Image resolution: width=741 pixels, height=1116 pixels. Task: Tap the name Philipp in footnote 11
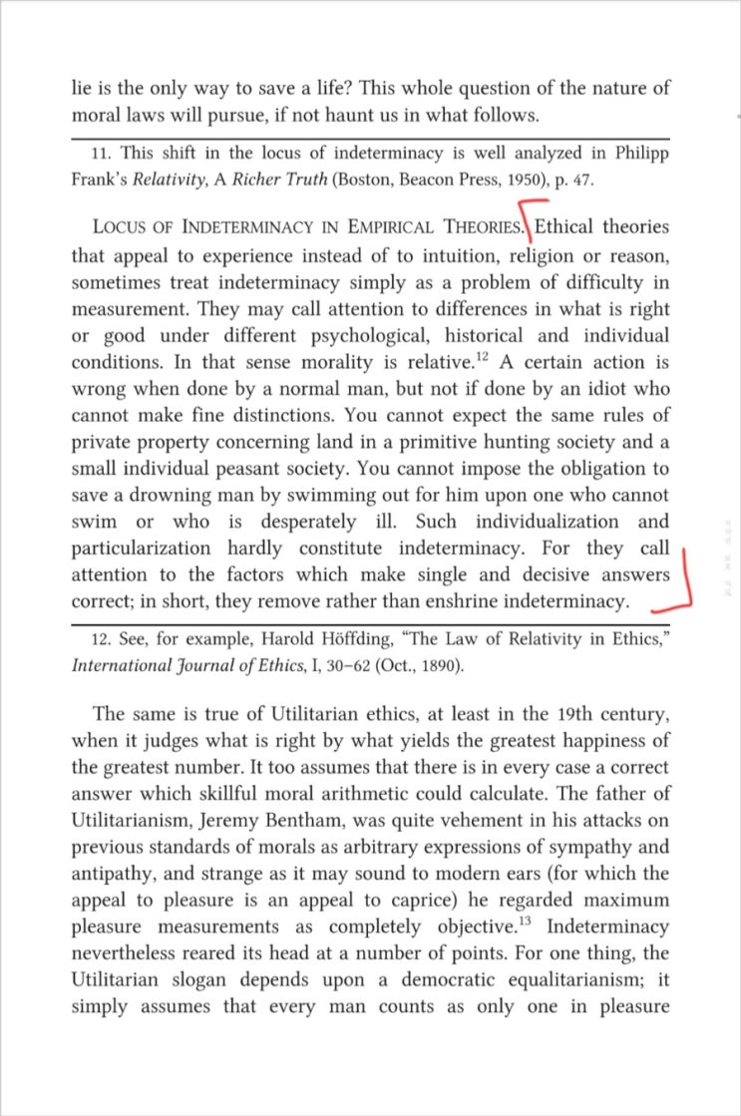pyautogui.click(x=638, y=155)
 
